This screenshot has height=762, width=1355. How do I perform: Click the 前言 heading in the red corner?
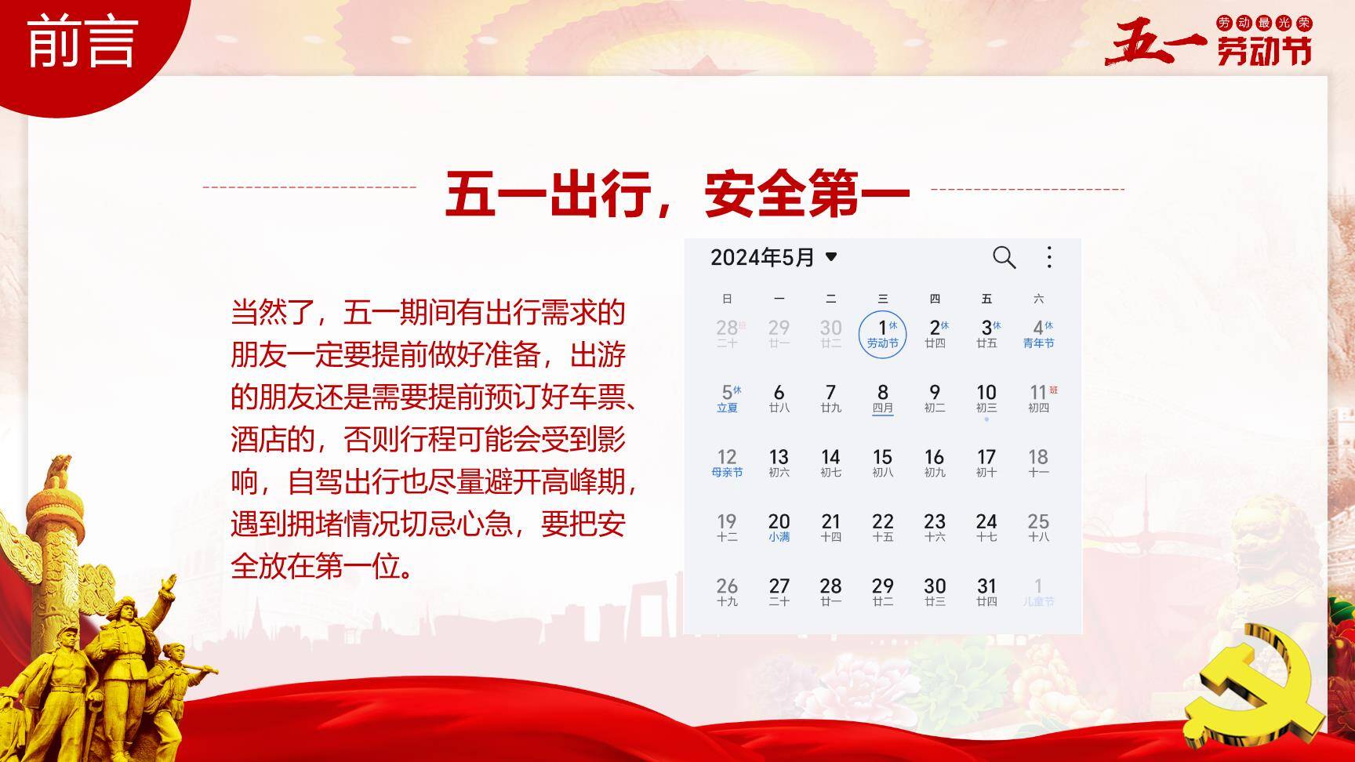(x=82, y=42)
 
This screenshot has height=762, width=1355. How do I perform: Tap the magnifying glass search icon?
(x=1004, y=257)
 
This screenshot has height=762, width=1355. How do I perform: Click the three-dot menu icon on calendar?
(x=1049, y=257)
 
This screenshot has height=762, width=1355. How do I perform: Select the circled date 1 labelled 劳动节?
(x=882, y=334)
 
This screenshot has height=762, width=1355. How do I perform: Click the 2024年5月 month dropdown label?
(x=773, y=257)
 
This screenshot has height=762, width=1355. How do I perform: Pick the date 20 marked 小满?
(x=779, y=527)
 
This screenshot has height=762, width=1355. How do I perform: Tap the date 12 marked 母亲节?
(x=727, y=463)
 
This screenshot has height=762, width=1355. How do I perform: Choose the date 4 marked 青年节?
(x=1039, y=333)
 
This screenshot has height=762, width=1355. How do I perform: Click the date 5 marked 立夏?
(x=728, y=397)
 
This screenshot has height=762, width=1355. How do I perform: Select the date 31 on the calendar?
(x=986, y=591)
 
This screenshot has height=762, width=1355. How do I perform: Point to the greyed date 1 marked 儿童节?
(x=1038, y=591)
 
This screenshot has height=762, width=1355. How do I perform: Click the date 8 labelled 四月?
(x=882, y=397)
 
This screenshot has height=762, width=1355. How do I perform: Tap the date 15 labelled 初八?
(x=882, y=463)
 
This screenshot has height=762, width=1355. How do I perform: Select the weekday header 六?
(x=1038, y=299)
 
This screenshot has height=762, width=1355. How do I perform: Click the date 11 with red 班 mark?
(x=1039, y=397)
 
